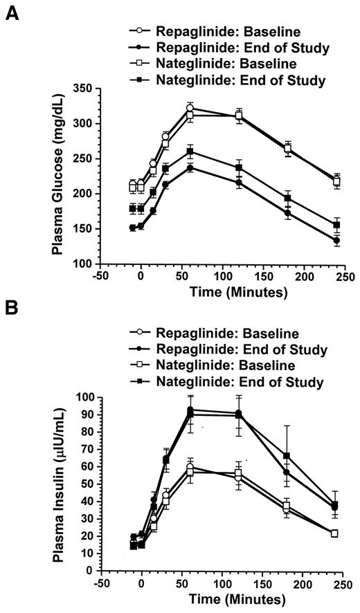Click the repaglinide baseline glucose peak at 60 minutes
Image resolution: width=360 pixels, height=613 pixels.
(190, 108)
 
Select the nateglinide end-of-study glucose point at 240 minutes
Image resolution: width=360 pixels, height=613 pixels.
(336, 225)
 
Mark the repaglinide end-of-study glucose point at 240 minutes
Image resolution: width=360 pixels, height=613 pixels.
(336, 241)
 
